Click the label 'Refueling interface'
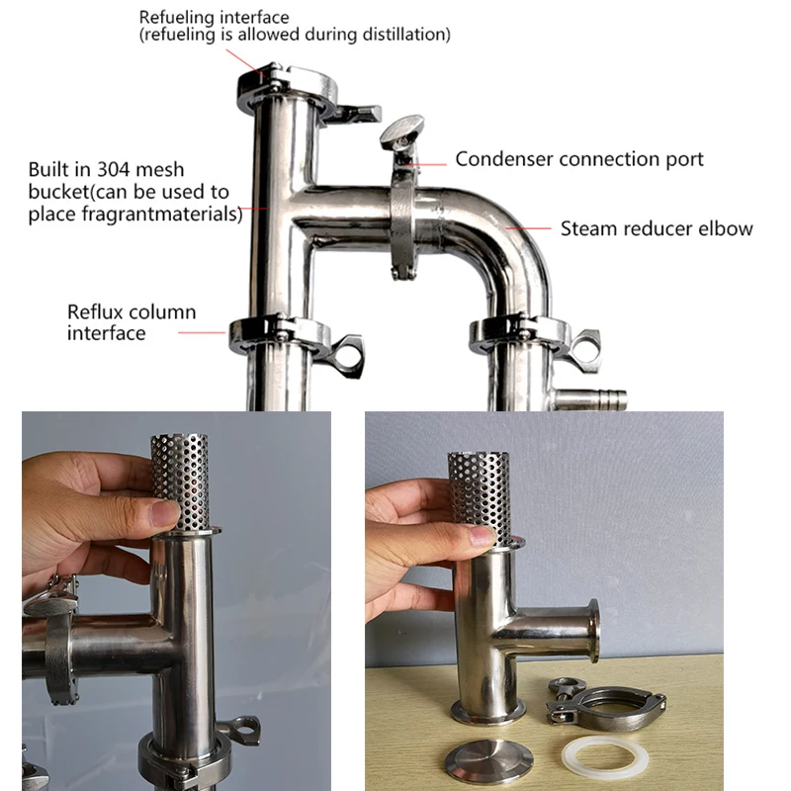(214, 17)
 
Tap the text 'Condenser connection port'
(579, 159)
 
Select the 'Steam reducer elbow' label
(657, 228)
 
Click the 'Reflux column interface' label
(132, 322)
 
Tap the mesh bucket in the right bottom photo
(479, 494)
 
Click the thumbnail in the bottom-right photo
(481, 537)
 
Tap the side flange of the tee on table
(591, 631)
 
